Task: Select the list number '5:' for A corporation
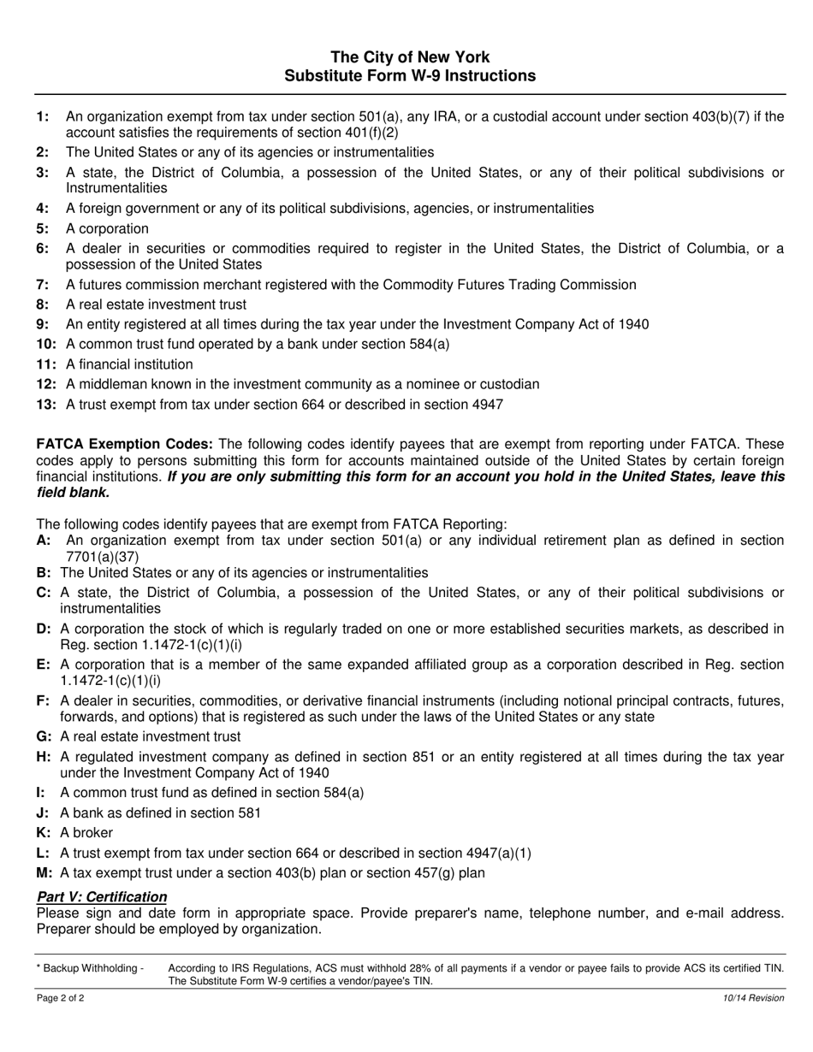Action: point(44,229)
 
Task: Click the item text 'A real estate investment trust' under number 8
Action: point(156,304)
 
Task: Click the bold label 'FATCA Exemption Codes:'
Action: point(125,444)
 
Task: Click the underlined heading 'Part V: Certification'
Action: point(102,896)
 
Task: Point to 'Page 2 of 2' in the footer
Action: point(60,998)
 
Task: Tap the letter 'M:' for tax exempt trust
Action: point(45,873)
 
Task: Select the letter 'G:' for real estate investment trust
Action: point(45,736)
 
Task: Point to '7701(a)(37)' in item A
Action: point(102,557)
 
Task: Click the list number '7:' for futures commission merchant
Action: point(44,285)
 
